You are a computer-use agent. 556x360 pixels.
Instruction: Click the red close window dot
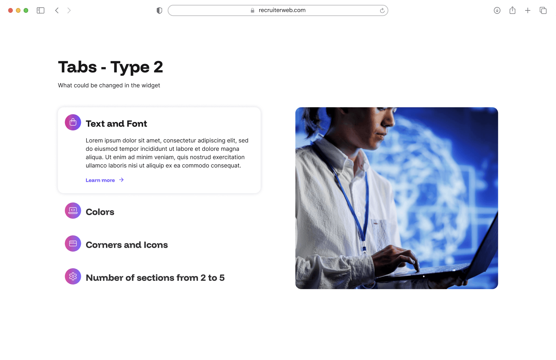[x=10, y=10]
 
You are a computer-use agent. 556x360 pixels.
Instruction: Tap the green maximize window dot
[x=26, y=10]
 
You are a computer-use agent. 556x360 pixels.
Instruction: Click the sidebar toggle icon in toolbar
[x=41, y=10]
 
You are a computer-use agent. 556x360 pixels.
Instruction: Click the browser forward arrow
[x=69, y=10]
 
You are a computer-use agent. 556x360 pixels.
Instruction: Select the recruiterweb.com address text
[x=282, y=10]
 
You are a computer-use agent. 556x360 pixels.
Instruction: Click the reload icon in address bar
[x=382, y=10]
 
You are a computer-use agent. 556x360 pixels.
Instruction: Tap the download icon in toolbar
[x=497, y=10]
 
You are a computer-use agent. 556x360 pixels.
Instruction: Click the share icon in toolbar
[x=512, y=10]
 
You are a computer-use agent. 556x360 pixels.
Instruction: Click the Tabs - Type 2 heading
[x=110, y=67]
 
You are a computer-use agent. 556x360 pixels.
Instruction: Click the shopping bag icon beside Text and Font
[x=73, y=122]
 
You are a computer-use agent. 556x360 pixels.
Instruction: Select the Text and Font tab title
[x=116, y=124]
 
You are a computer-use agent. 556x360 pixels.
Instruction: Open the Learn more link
[x=100, y=180]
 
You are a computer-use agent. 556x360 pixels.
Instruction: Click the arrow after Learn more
[x=121, y=180]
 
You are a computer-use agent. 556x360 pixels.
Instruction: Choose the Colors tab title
[x=100, y=212]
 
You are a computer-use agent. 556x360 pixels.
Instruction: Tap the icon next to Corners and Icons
[x=73, y=244]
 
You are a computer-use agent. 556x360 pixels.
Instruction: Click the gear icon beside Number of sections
[x=73, y=277]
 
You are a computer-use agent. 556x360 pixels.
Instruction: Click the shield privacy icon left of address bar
[x=160, y=10]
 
